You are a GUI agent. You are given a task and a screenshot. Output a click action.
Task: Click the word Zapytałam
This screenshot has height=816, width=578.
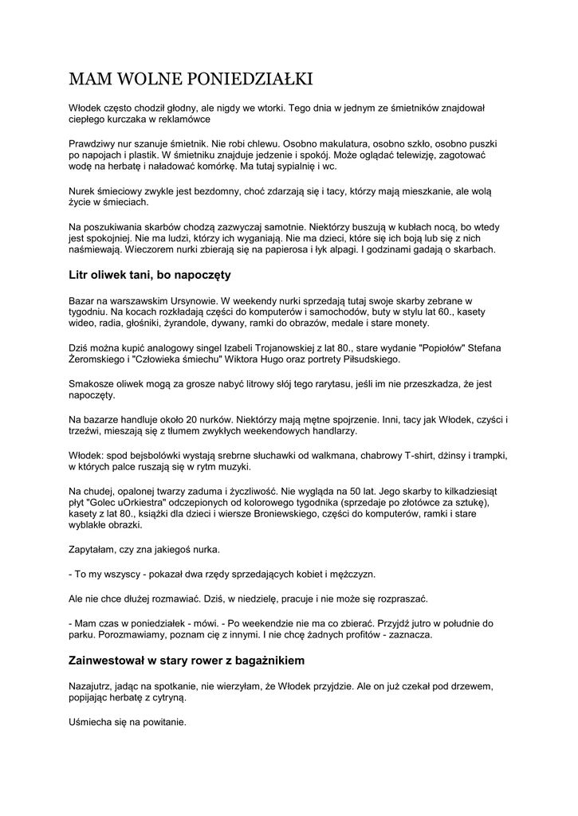[x=98, y=551]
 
